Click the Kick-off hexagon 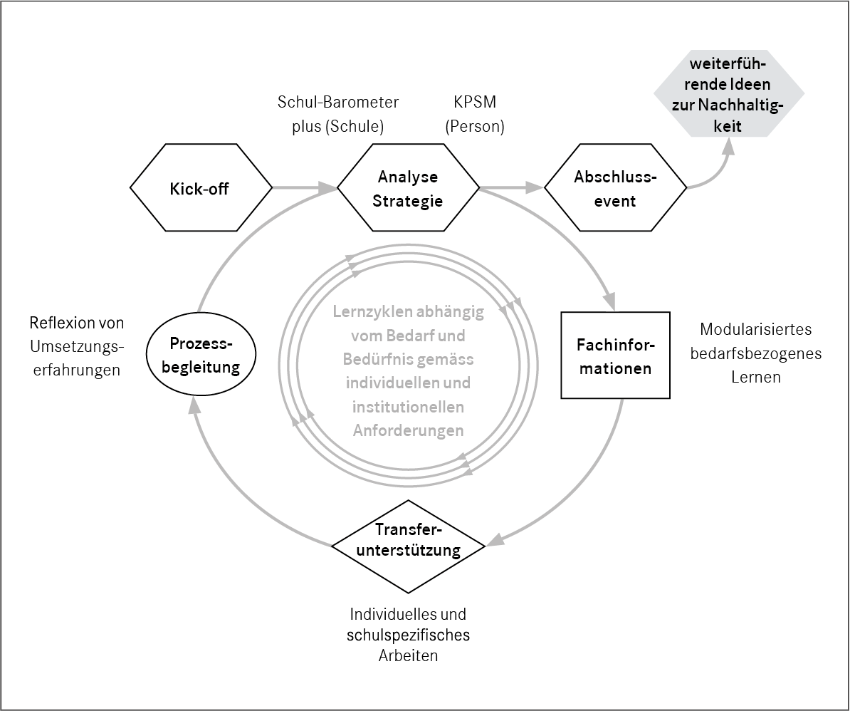(201, 189)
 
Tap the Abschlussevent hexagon (615, 189)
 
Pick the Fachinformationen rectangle (614, 355)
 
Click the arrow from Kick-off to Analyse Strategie (303, 188)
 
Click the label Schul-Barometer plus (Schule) (338, 115)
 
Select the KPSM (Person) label (474, 115)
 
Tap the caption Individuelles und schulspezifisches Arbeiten (409, 635)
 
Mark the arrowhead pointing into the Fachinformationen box (608, 302)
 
